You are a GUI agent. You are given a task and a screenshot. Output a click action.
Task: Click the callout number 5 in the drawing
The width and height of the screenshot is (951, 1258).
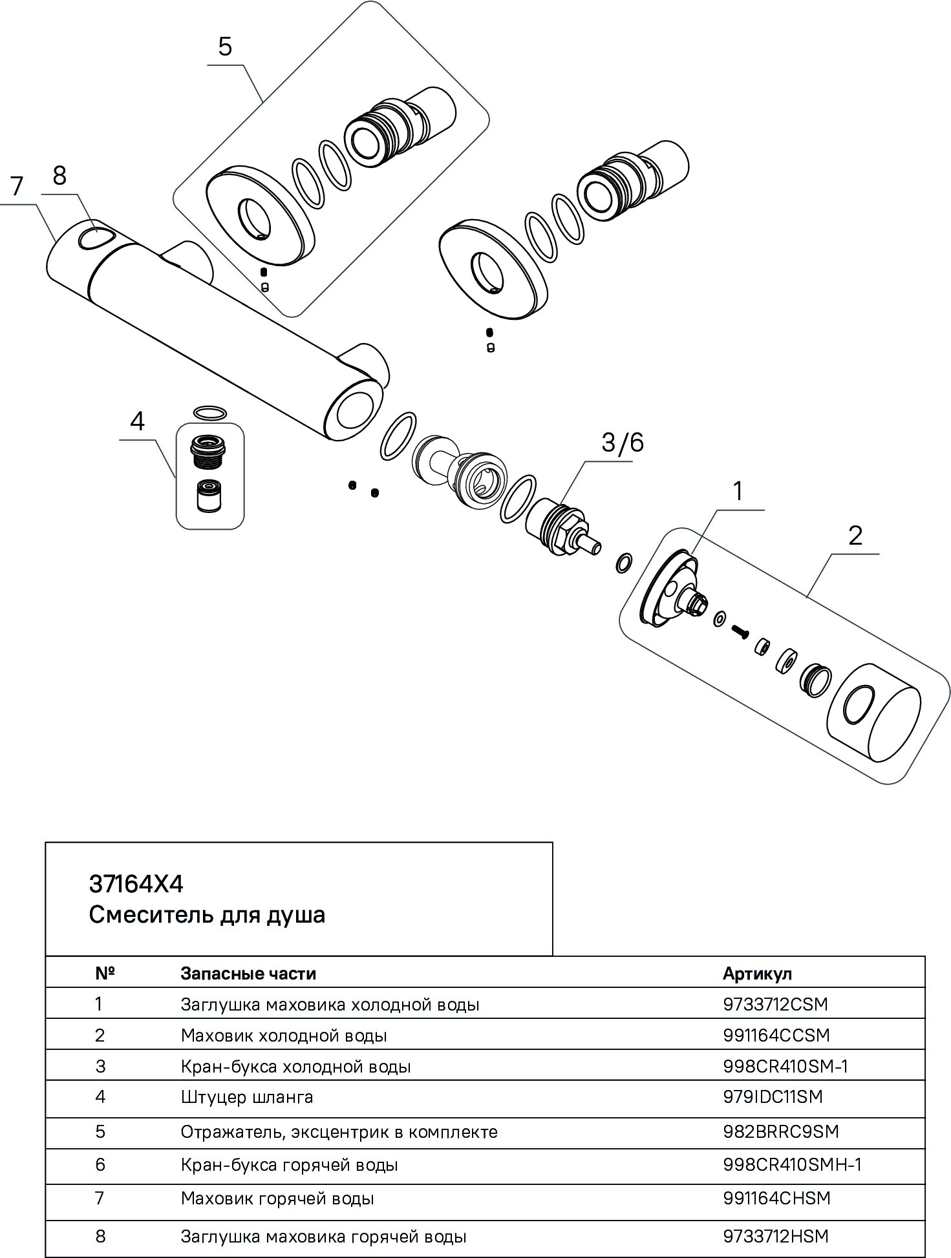(225, 47)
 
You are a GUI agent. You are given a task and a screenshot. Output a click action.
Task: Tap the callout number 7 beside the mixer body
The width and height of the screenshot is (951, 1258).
(17, 186)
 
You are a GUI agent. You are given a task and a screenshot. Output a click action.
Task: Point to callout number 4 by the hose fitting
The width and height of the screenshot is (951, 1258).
(137, 421)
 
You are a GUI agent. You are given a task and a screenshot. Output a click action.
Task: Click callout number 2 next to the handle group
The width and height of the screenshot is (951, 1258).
(855, 536)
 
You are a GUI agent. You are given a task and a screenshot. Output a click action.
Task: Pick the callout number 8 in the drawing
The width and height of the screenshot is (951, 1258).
(59, 175)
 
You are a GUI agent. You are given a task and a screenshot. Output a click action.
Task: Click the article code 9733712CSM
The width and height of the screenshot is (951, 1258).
(775, 1004)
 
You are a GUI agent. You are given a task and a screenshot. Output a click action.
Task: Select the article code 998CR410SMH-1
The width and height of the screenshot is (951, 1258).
(792, 1164)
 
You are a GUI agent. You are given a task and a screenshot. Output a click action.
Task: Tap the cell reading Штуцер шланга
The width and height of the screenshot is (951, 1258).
(247, 1096)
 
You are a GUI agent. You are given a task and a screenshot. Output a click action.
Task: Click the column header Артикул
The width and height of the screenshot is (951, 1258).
(757, 973)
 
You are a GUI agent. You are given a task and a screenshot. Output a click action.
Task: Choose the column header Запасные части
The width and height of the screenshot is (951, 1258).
(248, 973)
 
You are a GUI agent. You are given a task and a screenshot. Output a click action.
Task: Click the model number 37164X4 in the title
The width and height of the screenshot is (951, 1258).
(136, 884)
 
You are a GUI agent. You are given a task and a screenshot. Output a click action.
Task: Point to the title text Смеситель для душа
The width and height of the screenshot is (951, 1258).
(207, 915)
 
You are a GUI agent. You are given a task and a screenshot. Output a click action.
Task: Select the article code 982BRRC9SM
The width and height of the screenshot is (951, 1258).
(781, 1131)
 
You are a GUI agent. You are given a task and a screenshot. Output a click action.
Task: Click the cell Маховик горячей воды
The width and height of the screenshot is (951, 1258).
(277, 1199)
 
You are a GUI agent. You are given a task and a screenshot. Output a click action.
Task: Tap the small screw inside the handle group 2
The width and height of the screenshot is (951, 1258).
(740, 631)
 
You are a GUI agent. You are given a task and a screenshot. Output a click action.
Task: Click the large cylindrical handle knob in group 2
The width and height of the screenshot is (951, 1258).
(873, 722)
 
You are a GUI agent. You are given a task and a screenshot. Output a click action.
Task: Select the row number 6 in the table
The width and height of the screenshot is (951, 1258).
(100, 1164)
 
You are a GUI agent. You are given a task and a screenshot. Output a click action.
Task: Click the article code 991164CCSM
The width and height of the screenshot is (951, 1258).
(776, 1035)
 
